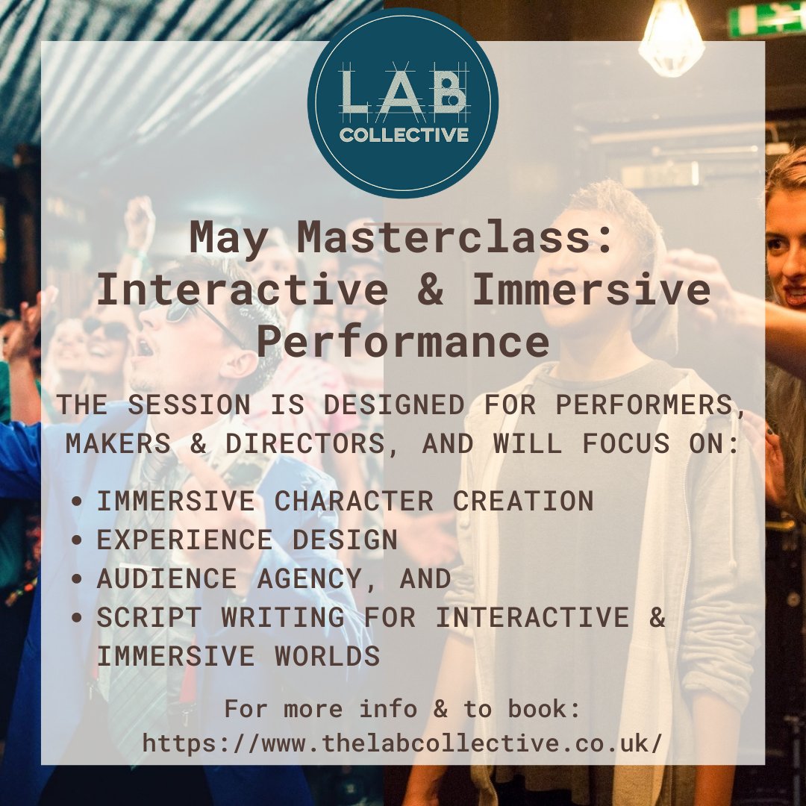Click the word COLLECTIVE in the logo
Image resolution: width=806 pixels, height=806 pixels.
[404, 135]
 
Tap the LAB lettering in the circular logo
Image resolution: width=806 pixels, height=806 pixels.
[404, 93]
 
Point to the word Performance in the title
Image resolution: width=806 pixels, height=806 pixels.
[404, 341]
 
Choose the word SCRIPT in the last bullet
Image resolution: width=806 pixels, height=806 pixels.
[146, 617]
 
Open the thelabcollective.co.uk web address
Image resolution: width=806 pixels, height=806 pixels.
[402, 743]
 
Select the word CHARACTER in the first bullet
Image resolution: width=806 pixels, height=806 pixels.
[354, 502]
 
